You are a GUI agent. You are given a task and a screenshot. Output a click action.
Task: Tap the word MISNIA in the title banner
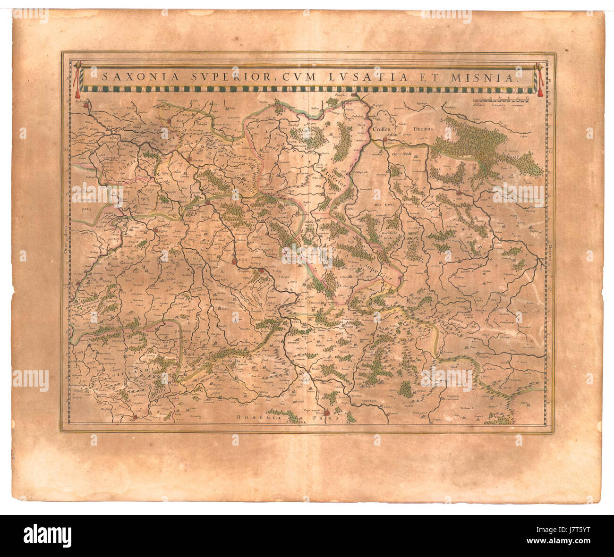click(493, 76)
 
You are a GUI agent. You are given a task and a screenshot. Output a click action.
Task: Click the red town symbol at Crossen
click(385, 140)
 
